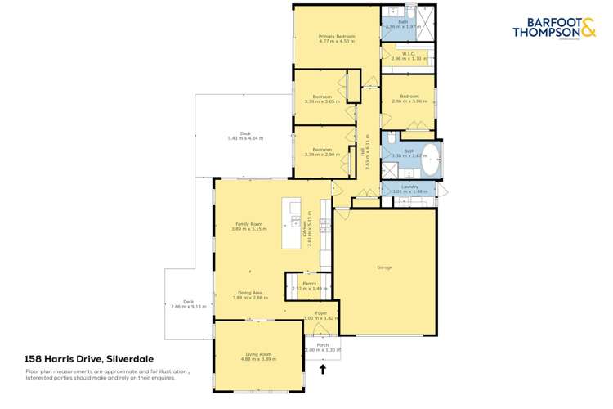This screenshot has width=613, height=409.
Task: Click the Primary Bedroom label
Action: pos(336,37)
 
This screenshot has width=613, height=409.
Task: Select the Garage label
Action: pos(384,267)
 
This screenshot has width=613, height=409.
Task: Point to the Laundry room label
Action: pos(409,187)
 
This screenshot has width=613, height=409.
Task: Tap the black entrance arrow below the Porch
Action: pos(323,370)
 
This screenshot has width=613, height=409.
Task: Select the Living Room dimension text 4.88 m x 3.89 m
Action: pos(256,359)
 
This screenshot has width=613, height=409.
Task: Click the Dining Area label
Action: pos(250,293)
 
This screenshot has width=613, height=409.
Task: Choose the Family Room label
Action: pos(249,224)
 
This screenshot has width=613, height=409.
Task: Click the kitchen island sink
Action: pos(292,220)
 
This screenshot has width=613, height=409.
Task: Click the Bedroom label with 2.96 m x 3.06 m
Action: pos(409,97)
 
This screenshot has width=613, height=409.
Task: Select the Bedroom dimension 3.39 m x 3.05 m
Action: pos(320,101)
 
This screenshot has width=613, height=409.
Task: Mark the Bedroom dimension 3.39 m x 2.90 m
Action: pos(320,155)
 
